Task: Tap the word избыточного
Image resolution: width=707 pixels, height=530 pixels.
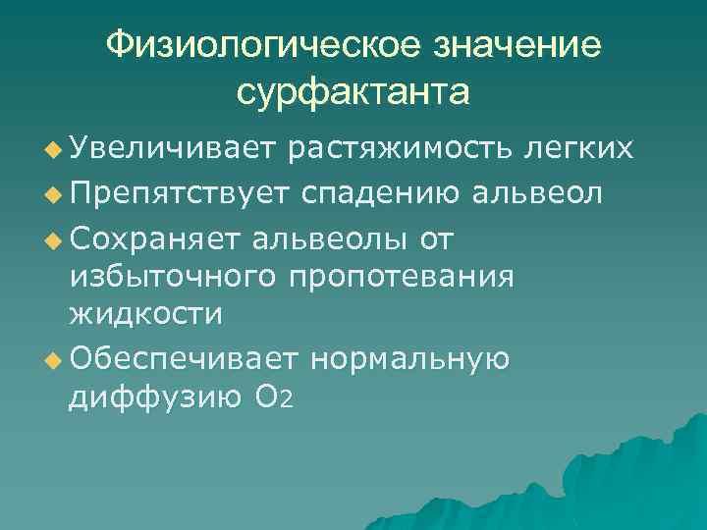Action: tap(173, 276)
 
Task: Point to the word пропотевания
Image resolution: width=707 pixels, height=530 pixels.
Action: tap(402, 276)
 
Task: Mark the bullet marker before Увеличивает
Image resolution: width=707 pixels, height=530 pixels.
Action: tap(53, 149)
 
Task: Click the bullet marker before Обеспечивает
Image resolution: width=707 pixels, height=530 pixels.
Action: tap(53, 359)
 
